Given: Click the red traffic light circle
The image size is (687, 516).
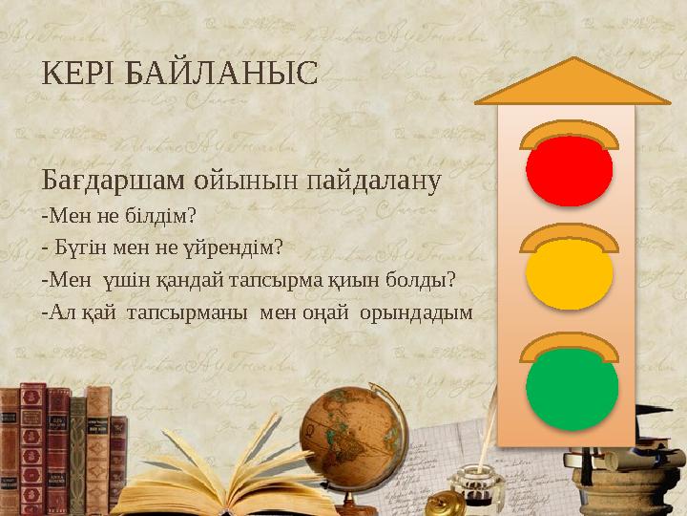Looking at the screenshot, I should tap(569, 170).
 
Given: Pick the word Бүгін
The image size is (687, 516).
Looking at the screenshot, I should tap(73, 247).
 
